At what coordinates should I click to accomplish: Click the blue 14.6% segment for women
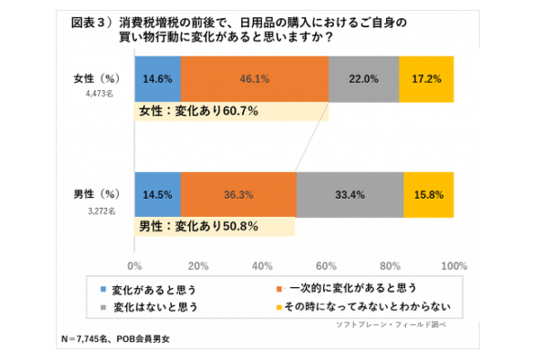coord(157,79)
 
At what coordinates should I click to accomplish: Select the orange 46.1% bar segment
coord(255,79)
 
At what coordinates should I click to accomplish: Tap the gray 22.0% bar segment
coord(364,79)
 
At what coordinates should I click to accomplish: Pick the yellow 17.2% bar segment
coord(426,79)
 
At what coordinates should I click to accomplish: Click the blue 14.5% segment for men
coord(157,193)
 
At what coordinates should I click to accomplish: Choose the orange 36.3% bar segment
coord(238,193)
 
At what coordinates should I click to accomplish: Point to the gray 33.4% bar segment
coord(349,193)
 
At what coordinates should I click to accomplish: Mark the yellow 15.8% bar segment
coord(428,193)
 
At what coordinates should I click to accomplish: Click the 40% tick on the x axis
coord(263,265)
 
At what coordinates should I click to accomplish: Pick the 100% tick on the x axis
coord(454,265)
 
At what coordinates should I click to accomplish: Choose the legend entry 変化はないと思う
coord(154,307)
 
